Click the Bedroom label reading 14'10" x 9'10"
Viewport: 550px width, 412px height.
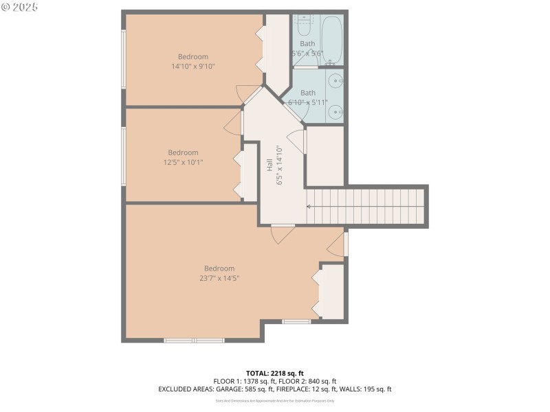(193, 62)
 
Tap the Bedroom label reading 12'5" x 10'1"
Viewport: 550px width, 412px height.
(183, 157)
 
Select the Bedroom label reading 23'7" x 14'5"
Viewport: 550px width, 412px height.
(219, 273)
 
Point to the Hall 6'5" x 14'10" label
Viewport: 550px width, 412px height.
(274, 165)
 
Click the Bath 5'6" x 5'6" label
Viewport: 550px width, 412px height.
(307, 48)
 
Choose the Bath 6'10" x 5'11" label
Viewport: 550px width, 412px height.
(307, 98)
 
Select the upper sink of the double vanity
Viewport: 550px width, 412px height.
(335, 81)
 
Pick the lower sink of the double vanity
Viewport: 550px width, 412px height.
(335, 111)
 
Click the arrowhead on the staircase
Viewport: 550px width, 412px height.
(309, 205)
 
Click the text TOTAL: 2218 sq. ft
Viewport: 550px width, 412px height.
(274, 373)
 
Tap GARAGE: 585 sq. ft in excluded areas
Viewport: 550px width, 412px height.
(267, 389)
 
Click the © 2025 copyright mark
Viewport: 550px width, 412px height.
(20, 7)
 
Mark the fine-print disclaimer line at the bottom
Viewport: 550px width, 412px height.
(274, 400)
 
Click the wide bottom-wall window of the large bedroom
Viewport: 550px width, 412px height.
(195, 340)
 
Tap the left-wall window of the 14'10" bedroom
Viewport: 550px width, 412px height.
(124, 60)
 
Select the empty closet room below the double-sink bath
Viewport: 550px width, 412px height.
(324, 156)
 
